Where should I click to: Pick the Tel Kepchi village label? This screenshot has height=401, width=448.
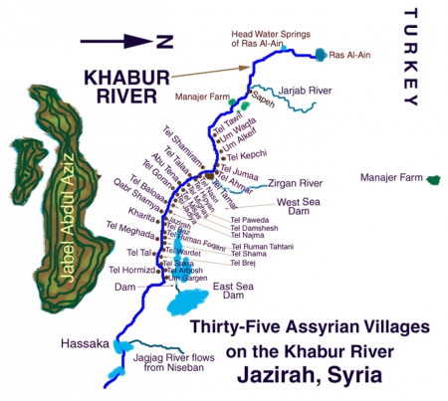(x=248, y=156)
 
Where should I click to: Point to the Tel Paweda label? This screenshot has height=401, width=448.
(x=249, y=219)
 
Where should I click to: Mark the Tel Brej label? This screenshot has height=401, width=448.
(x=244, y=263)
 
